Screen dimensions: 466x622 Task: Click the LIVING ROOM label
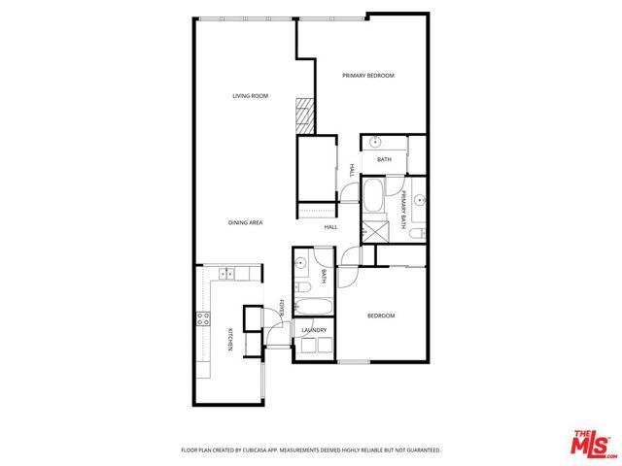click(250, 96)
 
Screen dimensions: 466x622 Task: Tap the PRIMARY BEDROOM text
click(367, 76)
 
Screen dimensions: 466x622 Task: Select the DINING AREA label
click(245, 223)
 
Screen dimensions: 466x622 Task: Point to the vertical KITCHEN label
click(230, 340)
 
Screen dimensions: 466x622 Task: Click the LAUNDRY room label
click(314, 330)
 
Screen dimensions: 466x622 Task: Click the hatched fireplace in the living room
click(306, 116)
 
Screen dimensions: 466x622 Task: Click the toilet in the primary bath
click(416, 233)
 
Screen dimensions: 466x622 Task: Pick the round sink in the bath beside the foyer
click(302, 263)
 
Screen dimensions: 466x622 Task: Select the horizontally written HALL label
click(330, 226)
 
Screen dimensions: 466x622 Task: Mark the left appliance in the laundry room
click(308, 345)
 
